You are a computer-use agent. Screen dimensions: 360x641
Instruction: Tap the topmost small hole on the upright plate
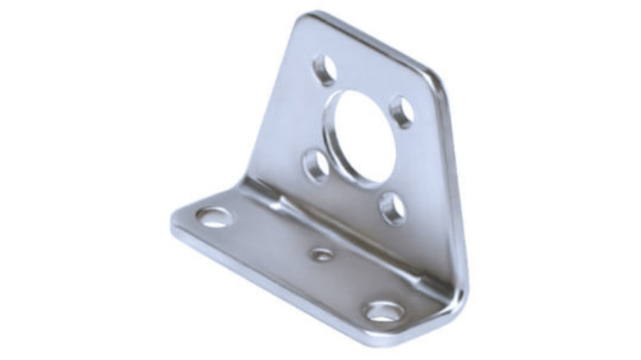pyautogui.click(x=325, y=70)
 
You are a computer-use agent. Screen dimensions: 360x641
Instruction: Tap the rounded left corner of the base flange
pyautogui.click(x=177, y=221)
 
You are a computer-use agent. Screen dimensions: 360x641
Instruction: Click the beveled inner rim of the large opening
pyautogui.click(x=336, y=135)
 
